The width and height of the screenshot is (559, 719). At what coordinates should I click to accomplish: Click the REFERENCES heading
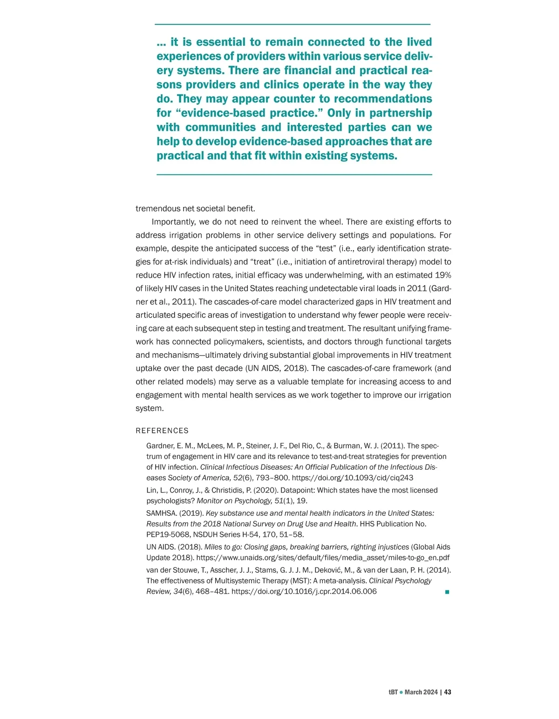pyautogui.click(x=162, y=431)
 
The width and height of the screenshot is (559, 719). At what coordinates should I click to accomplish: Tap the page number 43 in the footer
pyautogui.click(x=448, y=692)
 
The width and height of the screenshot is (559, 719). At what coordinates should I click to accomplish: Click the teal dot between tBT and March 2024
pyautogui.click(x=401, y=692)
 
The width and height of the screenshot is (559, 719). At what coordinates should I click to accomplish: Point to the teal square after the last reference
pyautogui.click(x=447, y=592)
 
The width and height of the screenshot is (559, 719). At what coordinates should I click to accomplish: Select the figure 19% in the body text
pyautogui.click(x=443, y=275)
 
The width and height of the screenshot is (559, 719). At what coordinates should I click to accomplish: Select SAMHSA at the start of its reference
pyautogui.click(x=161, y=513)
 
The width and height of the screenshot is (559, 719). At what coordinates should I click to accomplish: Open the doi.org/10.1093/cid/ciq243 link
pyautogui.click(x=353, y=478)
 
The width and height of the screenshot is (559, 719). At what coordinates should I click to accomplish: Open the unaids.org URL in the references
pyautogui.click(x=323, y=557)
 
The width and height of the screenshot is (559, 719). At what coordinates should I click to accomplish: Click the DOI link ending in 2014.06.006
pyautogui.click(x=304, y=591)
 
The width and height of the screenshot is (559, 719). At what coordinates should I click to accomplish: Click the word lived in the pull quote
pyautogui.click(x=419, y=42)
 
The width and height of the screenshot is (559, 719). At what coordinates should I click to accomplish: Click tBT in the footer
pyautogui.click(x=393, y=692)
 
